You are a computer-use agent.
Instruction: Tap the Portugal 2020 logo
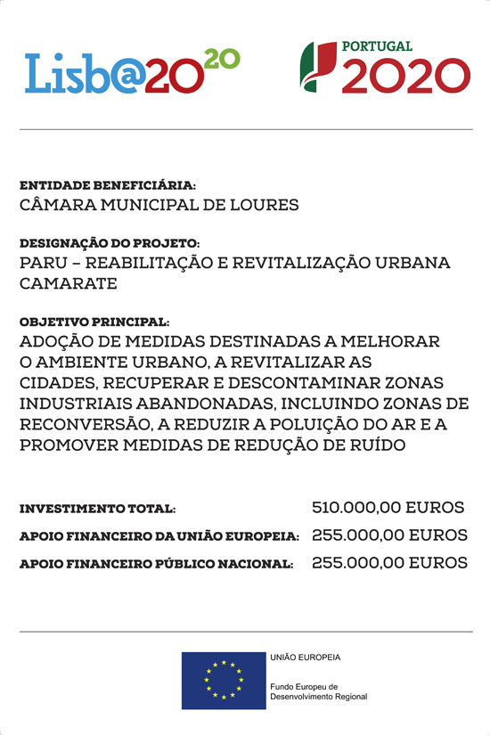[x=384, y=68]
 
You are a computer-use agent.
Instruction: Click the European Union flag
[x=223, y=680]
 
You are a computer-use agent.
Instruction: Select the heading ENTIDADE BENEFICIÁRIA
[x=107, y=186]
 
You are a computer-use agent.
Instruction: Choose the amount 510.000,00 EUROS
[x=388, y=508]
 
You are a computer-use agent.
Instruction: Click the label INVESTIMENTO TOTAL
[x=97, y=509]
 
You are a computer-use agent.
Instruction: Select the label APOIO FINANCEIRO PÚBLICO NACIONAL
[x=156, y=565]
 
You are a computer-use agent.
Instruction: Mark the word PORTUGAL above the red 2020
[x=377, y=46]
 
